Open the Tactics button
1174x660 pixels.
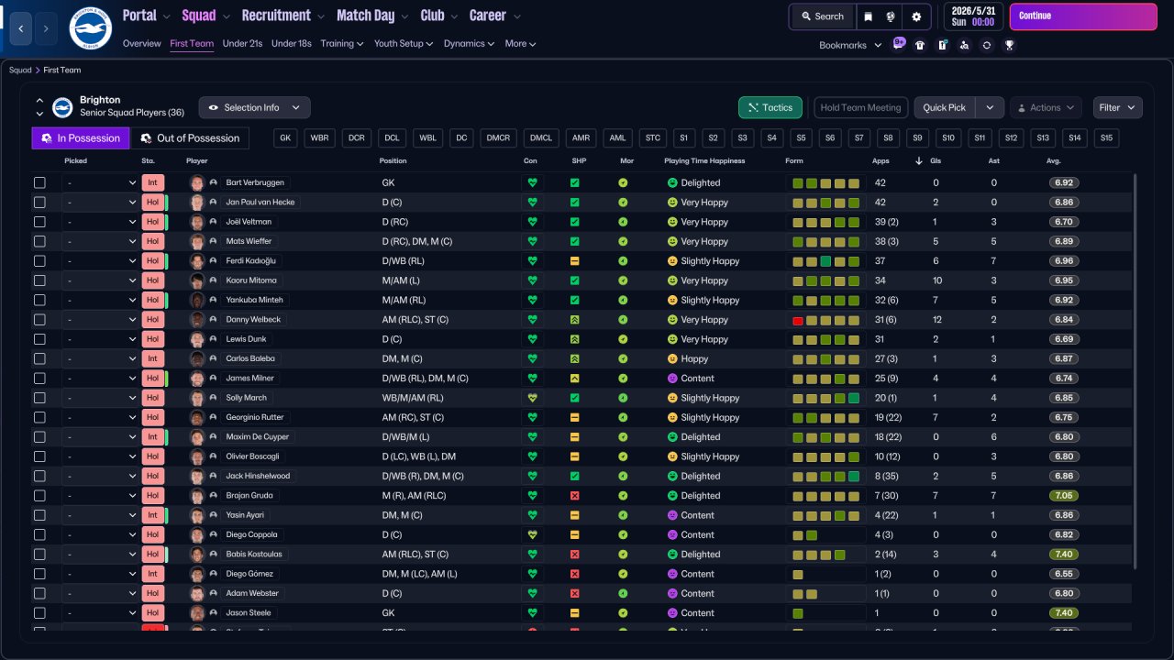tap(770, 107)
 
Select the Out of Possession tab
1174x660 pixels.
tap(190, 138)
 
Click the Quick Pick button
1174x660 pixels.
tap(944, 107)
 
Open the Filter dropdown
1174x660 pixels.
tap(1117, 107)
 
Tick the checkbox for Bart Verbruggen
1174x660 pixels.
tap(39, 182)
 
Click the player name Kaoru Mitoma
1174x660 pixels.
tap(251, 280)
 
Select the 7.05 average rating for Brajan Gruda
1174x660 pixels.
tap(1064, 496)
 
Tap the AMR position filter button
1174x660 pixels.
tap(581, 138)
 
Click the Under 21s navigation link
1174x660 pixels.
tap(242, 43)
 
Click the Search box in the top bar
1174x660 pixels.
tap(822, 16)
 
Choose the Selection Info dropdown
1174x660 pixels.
tap(254, 107)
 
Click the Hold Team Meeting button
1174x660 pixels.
tap(860, 107)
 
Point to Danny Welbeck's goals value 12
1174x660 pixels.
tap(936, 320)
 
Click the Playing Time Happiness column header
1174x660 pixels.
tap(704, 161)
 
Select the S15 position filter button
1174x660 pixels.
tap(1106, 138)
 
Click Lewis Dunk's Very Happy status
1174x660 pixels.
tap(703, 339)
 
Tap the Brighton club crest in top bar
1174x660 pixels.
tap(90, 28)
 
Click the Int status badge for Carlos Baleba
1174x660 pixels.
tap(152, 358)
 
